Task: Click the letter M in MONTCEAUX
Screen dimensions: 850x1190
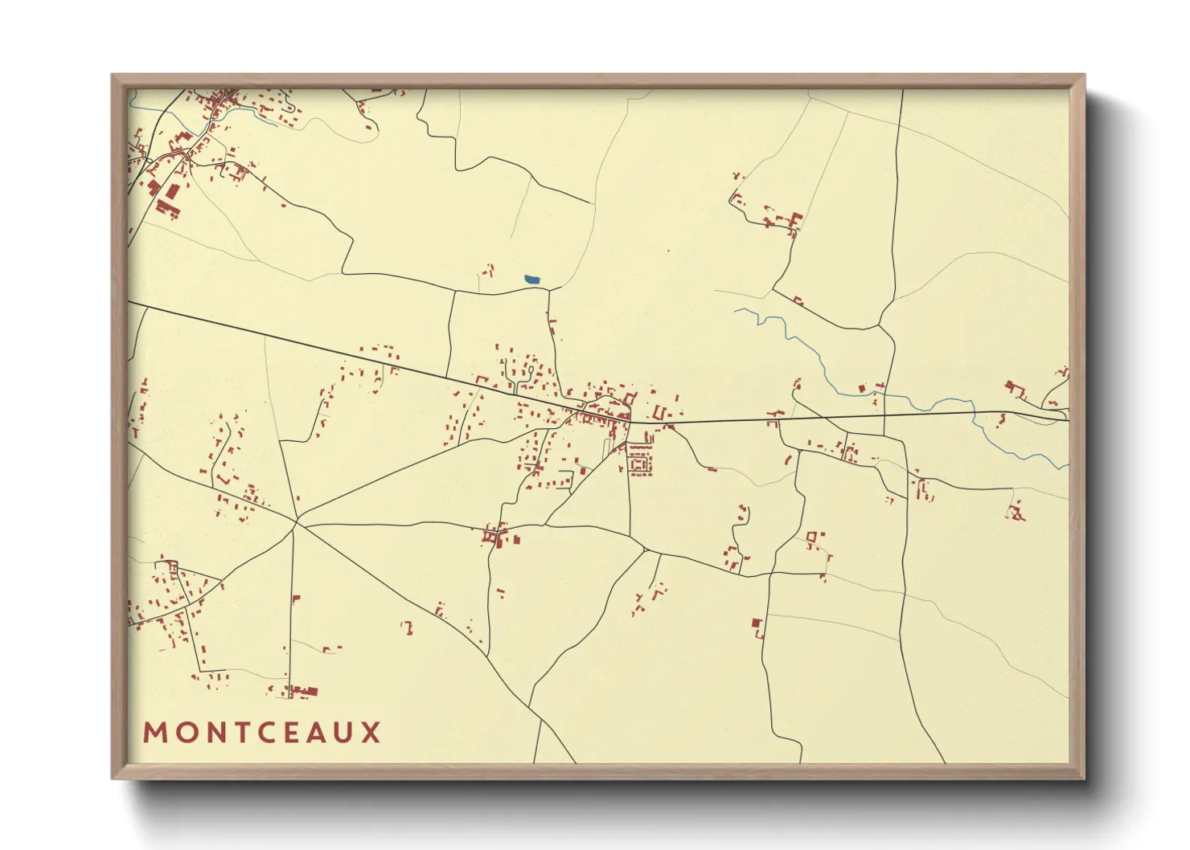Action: tap(154, 733)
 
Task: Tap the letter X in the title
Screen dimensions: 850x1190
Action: tap(371, 733)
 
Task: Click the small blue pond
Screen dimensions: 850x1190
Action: tap(532, 280)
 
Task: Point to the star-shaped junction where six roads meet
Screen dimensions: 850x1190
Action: tap(297, 523)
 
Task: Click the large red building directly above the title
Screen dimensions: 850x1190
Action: tap(306, 690)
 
